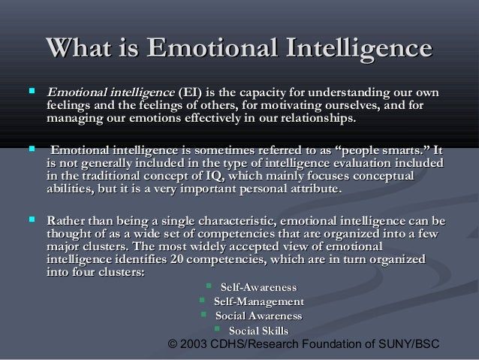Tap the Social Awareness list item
[x=258, y=316]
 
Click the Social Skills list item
[x=258, y=330]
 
